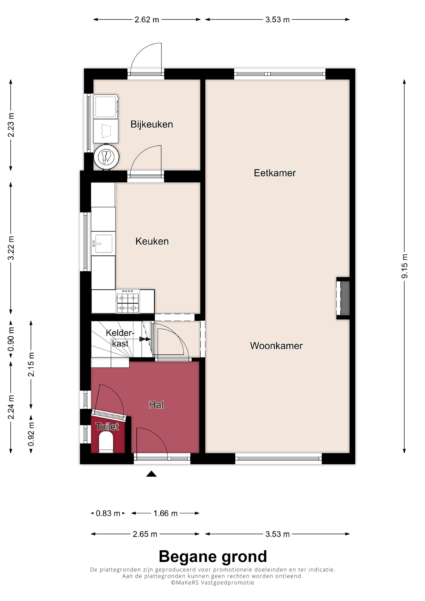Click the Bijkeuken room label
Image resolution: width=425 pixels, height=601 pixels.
tap(152, 124)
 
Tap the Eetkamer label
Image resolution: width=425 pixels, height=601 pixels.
tap(275, 173)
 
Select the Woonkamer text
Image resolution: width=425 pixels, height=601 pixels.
tap(276, 346)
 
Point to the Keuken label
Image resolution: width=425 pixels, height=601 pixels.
tap(152, 241)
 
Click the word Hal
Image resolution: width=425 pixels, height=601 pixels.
tap(156, 405)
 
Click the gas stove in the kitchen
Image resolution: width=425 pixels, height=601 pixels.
tap(127, 301)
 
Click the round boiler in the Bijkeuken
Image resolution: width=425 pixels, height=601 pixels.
tap(106, 157)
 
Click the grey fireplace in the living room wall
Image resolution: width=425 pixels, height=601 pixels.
tap(345, 298)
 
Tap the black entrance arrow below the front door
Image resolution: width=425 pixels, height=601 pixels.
tap(151, 474)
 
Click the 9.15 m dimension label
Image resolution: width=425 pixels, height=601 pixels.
tap(404, 266)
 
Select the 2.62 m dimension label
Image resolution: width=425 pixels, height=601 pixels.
tap(147, 20)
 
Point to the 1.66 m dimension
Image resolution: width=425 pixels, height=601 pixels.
tap(165, 513)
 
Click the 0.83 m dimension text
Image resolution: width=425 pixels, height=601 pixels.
tap(108, 513)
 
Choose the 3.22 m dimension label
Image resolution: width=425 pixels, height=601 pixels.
tap(11, 248)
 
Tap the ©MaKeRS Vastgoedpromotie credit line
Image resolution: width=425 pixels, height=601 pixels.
tap(212, 582)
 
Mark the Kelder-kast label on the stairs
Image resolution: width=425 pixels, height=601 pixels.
tap(120, 338)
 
